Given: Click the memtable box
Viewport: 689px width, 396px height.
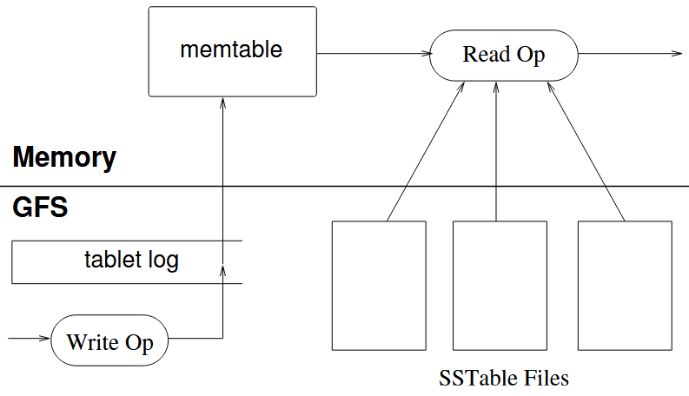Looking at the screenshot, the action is (233, 51).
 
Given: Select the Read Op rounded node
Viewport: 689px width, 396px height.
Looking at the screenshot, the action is (504, 56).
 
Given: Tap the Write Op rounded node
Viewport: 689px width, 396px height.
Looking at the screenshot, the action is (109, 340).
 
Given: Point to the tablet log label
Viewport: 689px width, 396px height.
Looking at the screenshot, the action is (131, 260).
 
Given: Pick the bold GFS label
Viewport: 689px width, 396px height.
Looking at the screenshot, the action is (40, 208).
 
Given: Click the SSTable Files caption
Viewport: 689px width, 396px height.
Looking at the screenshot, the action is (504, 378).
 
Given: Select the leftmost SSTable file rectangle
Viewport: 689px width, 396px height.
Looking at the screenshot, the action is (379, 286).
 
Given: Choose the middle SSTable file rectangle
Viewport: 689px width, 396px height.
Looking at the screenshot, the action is (500, 286).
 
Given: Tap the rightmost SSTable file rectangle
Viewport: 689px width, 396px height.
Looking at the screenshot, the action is (625, 286).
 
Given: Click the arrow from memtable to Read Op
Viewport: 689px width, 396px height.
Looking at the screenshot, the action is (374, 54).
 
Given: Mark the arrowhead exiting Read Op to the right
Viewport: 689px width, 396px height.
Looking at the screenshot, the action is (677, 54).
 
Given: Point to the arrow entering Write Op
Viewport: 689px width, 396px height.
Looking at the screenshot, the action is (29, 338).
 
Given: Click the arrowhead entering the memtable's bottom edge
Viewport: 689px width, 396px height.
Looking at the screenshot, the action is (222, 102).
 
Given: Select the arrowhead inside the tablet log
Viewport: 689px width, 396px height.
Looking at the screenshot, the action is (222, 270).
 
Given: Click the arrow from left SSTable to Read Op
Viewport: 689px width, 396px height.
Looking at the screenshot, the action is (426, 151).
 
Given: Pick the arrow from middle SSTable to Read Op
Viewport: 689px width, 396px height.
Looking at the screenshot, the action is (496, 151).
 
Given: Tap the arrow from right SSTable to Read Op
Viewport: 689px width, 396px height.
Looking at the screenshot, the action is (586, 151).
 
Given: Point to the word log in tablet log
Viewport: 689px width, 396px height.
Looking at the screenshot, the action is (163, 260).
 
